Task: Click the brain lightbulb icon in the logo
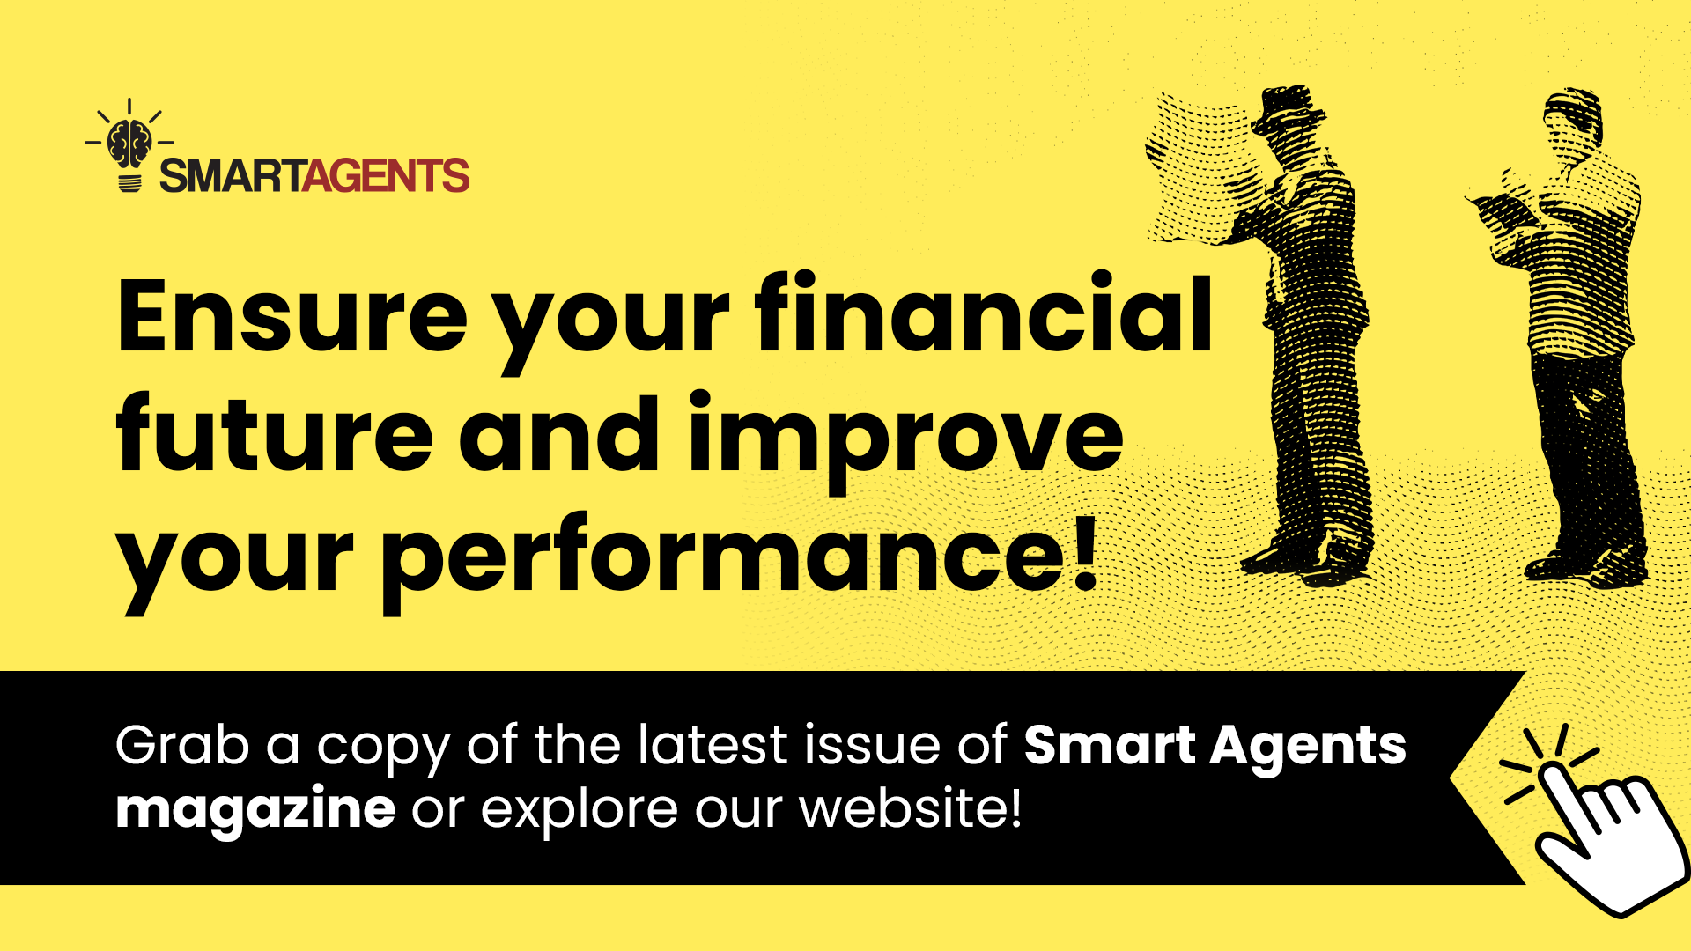(129, 146)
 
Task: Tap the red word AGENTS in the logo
(386, 176)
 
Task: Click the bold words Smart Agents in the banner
(1215, 746)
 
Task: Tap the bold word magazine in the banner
(255, 809)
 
